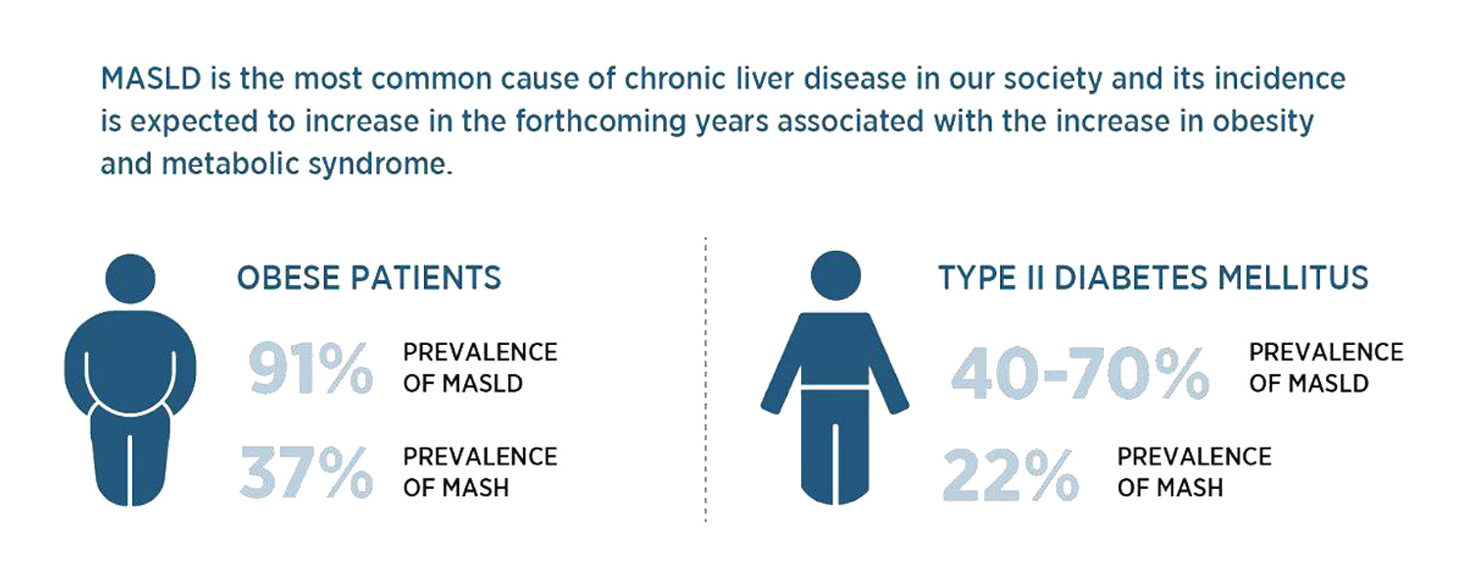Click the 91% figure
[310, 368]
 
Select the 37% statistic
[307, 472]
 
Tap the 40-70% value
[1079, 372]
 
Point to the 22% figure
[1011, 475]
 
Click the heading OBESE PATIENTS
[368, 277]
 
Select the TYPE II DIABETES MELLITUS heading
[1153, 277]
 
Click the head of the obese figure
[130, 278]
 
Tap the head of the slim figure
[835, 275]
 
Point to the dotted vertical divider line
[706, 380]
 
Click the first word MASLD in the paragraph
[151, 79]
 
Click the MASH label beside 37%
[476, 488]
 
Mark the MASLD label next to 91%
[483, 384]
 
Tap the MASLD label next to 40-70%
[1329, 384]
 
